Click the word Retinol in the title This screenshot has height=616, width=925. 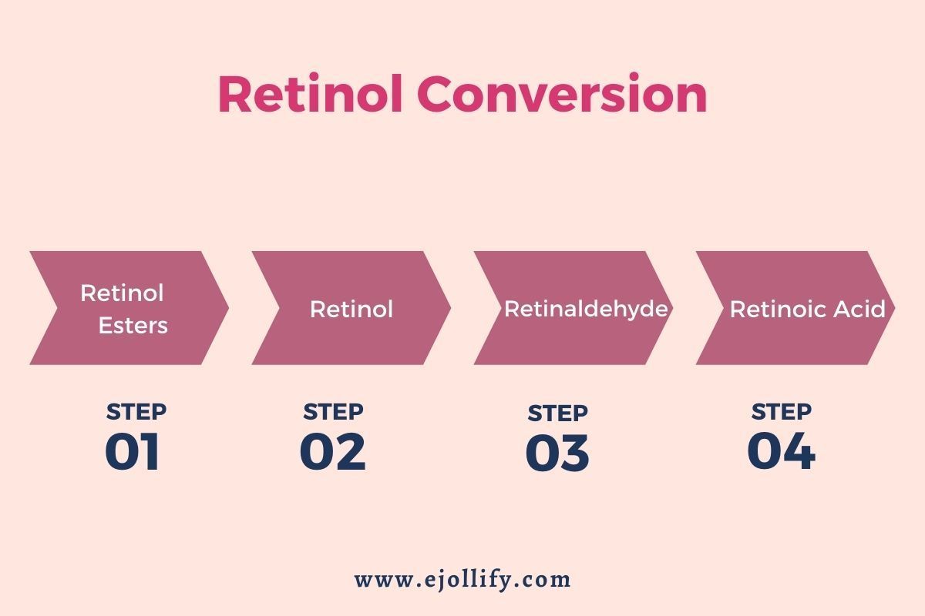pyautogui.click(x=311, y=93)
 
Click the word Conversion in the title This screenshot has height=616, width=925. pyautogui.click(x=563, y=93)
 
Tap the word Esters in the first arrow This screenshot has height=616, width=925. pyautogui.click(x=133, y=326)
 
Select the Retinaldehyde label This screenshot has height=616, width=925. pyautogui.click(x=586, y=309)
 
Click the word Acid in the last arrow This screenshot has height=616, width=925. pyautogui.click(x=859, y=309)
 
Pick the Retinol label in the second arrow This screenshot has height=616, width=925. pyautogui.click(x=351, y=309)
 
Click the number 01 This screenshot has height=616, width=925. pyautogui.click(x=132, y=451)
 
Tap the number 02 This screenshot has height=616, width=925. pyautogui.click(x=333, y=451)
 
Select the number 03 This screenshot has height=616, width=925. pyautogui.click(x=557, y=453)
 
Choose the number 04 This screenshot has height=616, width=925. pyautogui.click(x=782, y=450)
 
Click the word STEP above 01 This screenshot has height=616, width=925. pyautogui.click(x=136, y=412)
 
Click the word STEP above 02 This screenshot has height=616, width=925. pyautogui.click(x=333, y=412)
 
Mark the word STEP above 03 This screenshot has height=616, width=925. pyautogui.click(x=558, y=413)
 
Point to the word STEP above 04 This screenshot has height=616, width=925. pyautogui.click(x=782, y=412)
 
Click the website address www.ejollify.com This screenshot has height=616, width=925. pyautogui.click(x=462, y=580)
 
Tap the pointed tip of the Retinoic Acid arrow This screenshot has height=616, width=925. pyautogui.click(x=894, y=308)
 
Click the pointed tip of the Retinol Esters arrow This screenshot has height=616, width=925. pyautogui.click(x=228, y=308)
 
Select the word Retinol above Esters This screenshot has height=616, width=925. pyautogui.click(x=123, y=293)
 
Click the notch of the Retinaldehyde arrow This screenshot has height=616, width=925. pyautogui.click(x=502, y=308)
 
